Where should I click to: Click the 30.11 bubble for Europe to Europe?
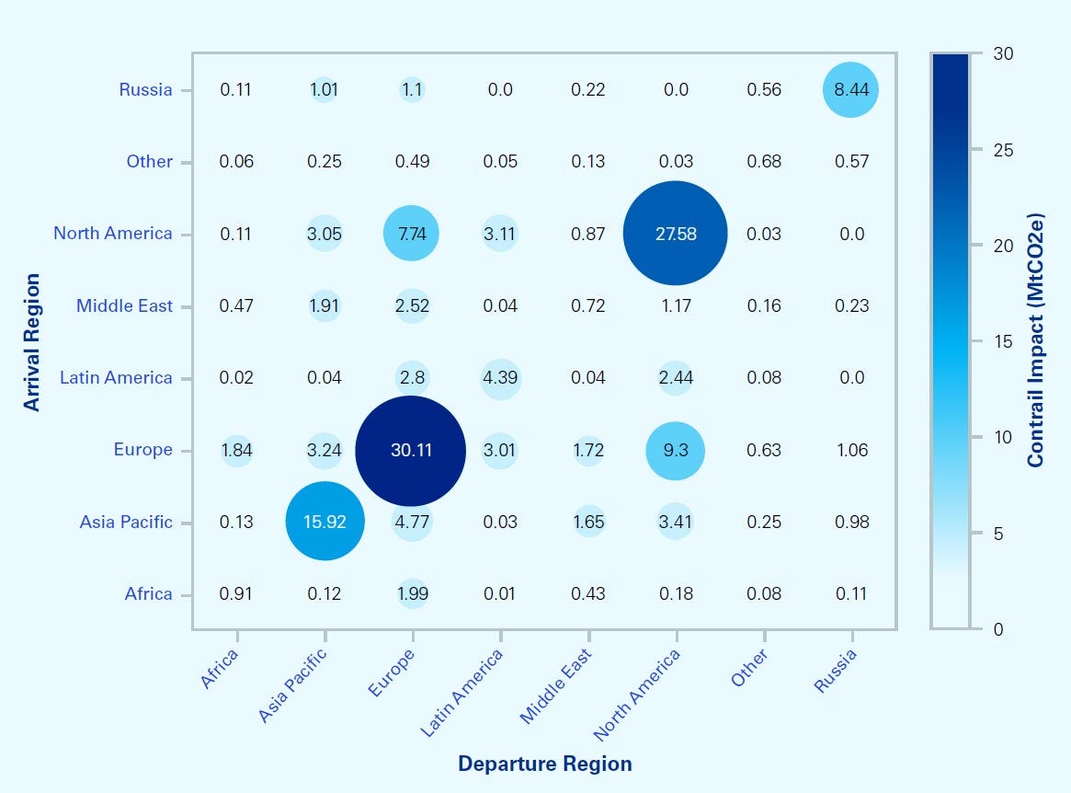[x=411, y=451]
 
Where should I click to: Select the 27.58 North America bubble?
[x=676, y=234]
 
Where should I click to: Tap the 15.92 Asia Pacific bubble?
[x=325, y=522]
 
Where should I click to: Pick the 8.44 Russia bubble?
[x=852, y=90]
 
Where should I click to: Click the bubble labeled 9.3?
[x=676, y=451]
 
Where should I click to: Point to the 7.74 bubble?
[x=411, y=234]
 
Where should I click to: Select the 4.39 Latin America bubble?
[x=499, y=378]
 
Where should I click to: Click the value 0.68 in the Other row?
[x=764, y=162]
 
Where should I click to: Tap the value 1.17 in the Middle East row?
[x=676, y=306]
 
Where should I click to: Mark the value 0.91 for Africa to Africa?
[x=237, y=594]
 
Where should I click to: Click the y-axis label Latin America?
[x=116, y=378]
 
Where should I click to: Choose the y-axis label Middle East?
[x=124, y=306]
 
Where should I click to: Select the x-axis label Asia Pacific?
[x=293, y=685]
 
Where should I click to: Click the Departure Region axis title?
[x=544, y=764]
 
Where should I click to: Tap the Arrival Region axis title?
[x=32, y=341]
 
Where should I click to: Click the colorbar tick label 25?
[x=1003, y=150]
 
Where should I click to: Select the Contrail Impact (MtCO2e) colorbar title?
[x=1036, y=341]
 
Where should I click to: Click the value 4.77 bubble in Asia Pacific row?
[x=411, y=522]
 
